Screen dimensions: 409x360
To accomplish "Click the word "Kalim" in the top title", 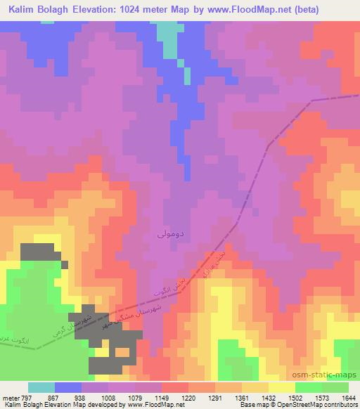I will point(22,9).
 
